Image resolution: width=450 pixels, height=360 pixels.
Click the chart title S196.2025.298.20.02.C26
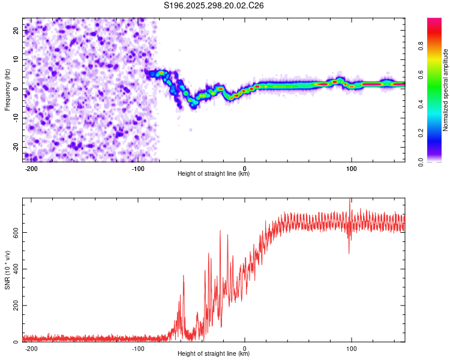click(x=214, y=5)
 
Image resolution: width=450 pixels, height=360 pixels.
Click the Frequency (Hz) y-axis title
click(x=7, y=89)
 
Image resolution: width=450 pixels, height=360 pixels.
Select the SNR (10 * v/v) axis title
click(x=7, y=270)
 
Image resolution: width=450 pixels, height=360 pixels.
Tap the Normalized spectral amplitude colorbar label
click(x=446, y=90)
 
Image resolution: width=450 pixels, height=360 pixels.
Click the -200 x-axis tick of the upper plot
click(x=32, y=167)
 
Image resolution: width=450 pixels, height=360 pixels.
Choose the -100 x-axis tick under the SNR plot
click(x=138, y=347)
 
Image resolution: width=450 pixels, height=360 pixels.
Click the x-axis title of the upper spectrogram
click(x=214, y=173)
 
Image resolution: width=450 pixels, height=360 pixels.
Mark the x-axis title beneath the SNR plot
click(x=214, y=354)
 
